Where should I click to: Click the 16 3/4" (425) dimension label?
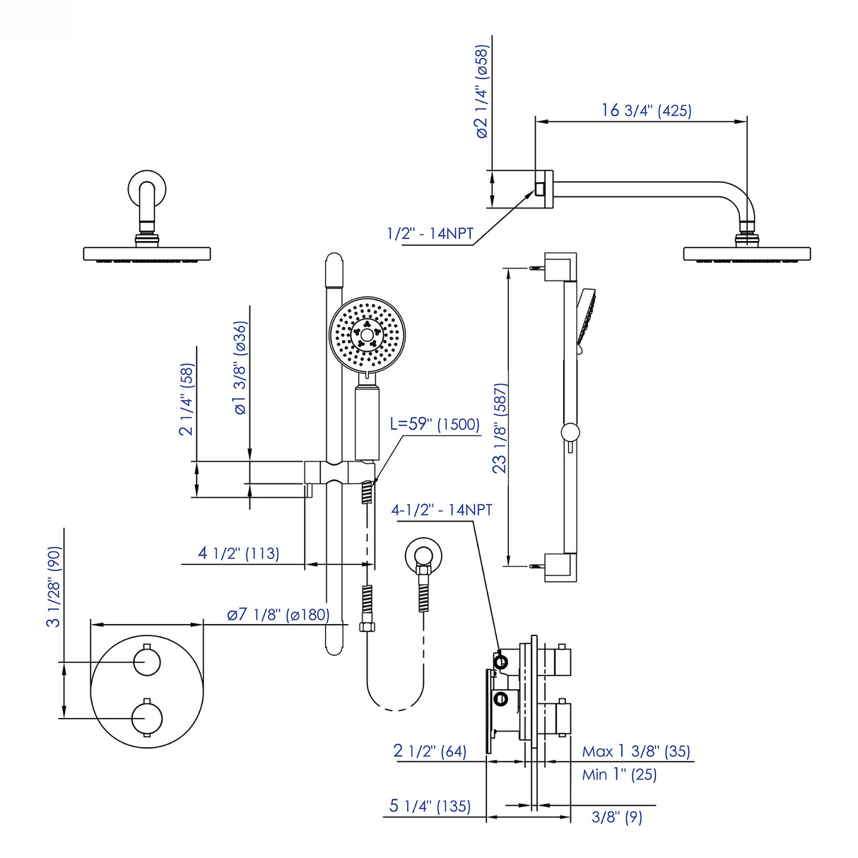[x=646, y=110]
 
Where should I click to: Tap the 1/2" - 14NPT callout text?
[x=430, y=233]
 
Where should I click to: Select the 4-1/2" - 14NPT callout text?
[x=442, y=510]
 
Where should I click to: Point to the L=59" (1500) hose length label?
[x=435, y=424]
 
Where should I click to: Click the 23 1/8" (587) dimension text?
[x=500, y=428]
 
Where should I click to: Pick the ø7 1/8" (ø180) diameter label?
[x=278, y=614]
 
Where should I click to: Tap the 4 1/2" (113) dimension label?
[x=238, y=553]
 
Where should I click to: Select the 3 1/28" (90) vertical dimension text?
[x=54, y=587]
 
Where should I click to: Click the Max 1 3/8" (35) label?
[x=635, y=751]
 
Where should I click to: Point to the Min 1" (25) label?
[x=619, y=775]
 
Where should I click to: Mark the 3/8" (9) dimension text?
[x=616, y=817]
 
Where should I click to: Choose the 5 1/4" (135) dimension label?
[x=430, y=806]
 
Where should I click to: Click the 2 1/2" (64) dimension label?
[x=430, y=751]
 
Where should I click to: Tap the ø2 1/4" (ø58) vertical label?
[x=481, y=92]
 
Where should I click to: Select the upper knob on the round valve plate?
[x=147, y=662]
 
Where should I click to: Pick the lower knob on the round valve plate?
[x=147, y=718]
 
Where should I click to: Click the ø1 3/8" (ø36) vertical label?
[x=240, y=368]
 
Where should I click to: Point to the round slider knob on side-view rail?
[x=570, y=433]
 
